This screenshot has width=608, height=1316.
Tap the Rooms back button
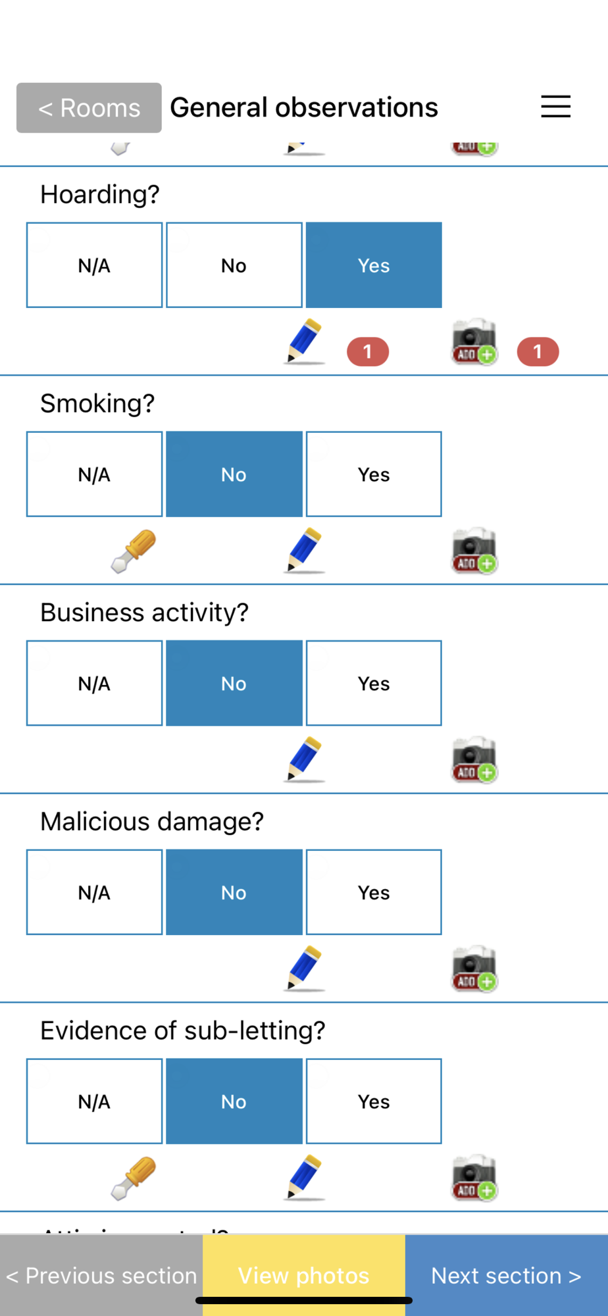pos(89,108)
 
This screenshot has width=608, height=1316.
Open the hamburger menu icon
pos(555,107)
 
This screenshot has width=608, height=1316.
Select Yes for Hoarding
pos(374,265)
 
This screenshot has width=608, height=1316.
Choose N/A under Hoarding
pos(94,265)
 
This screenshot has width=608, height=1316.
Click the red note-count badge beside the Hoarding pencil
pos(368,352)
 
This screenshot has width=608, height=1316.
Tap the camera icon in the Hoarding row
pos(474,342)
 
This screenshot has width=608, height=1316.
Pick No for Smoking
pos(234,474)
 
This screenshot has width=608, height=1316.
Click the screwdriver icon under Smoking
pos(134,551)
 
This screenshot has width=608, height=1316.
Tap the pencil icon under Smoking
pos(305,550)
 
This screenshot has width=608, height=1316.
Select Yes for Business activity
pos(374,684)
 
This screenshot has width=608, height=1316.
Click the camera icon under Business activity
pos(474,760)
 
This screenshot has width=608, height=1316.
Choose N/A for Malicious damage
pos(94,893)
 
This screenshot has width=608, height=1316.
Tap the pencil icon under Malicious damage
pos(305,969)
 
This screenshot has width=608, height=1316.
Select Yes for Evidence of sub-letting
pos(374,1101)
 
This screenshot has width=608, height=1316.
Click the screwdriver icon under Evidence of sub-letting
pos(134,1178)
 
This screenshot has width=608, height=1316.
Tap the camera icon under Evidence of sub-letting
pos(474,1178)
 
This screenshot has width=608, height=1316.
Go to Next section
pos(506,1275)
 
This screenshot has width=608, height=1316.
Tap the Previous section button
pos(101,1275)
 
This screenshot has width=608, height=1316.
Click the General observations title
pos(304,107)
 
